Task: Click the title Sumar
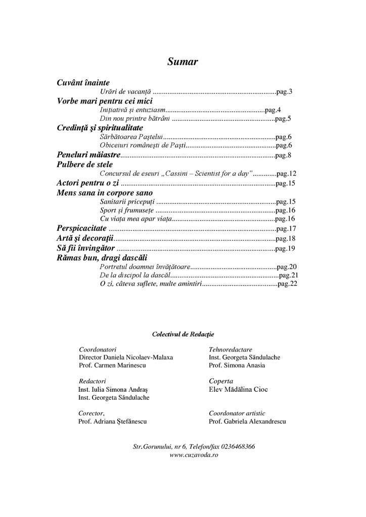pos(182,62)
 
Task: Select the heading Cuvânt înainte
pos(83,82)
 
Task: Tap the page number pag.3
pos(284,91)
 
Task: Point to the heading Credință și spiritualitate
pos(100,128)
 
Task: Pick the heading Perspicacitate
pos(81,228)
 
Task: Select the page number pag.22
pos(287,285)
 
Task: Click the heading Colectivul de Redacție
pos(182,334)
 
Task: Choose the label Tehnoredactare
pos(230,349)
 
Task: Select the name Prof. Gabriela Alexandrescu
pos(247,421)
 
